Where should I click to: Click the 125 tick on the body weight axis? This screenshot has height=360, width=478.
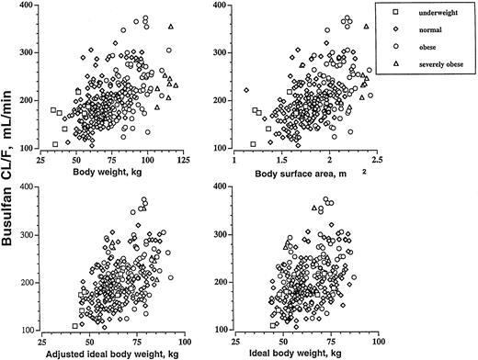pos(184,159)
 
